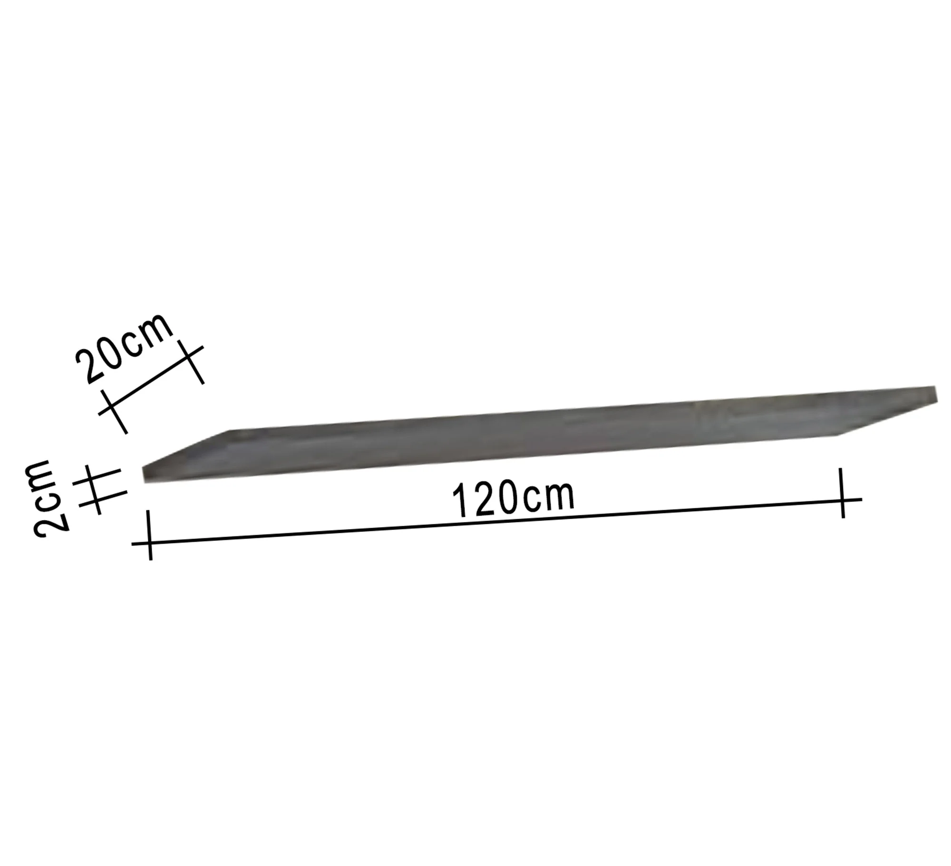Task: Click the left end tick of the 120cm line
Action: coord(150,535)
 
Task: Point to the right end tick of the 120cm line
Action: coord(843,493)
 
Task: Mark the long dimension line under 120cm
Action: coord(497,521)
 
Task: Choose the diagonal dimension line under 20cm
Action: coord(151,380)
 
